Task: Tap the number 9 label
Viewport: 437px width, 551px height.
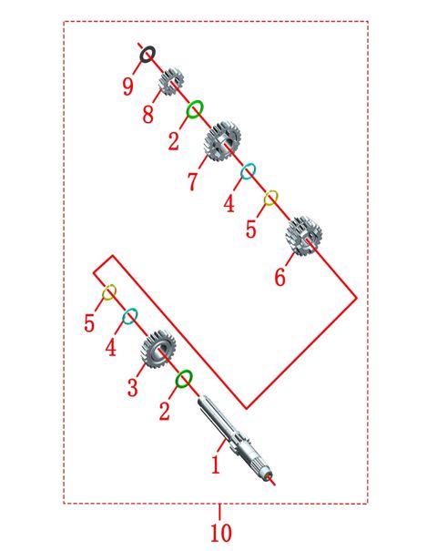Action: tap(128, 87)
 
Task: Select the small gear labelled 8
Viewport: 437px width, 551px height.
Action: tap(171, 82)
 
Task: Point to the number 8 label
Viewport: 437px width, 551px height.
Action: tap(147, 115)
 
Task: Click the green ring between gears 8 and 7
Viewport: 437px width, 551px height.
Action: tap(188, 110)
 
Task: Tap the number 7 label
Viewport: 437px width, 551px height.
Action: tap(192, 181)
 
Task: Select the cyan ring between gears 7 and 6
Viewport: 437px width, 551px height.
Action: tap(243, 172)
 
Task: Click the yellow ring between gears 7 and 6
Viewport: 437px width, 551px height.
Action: tap(266, 199)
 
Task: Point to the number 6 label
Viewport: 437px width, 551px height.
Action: tap(280, 277)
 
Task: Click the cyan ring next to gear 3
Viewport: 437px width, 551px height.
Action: tap(125, 317)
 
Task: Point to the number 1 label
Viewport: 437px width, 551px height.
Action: tap(216, 464)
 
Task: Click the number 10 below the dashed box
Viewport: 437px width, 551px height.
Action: tap(221, 533)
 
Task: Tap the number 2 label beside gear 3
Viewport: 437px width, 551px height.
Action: tap(165, 412)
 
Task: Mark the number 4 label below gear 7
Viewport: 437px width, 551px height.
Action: tap(229, 204)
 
